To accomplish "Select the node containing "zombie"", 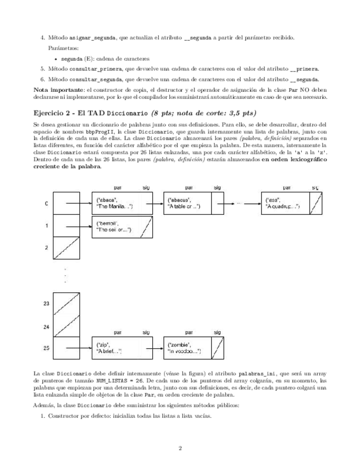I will click(x=187, y=348).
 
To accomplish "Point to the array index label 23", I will click(x=46, y=303).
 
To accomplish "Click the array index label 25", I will click(x=46, y=348).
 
